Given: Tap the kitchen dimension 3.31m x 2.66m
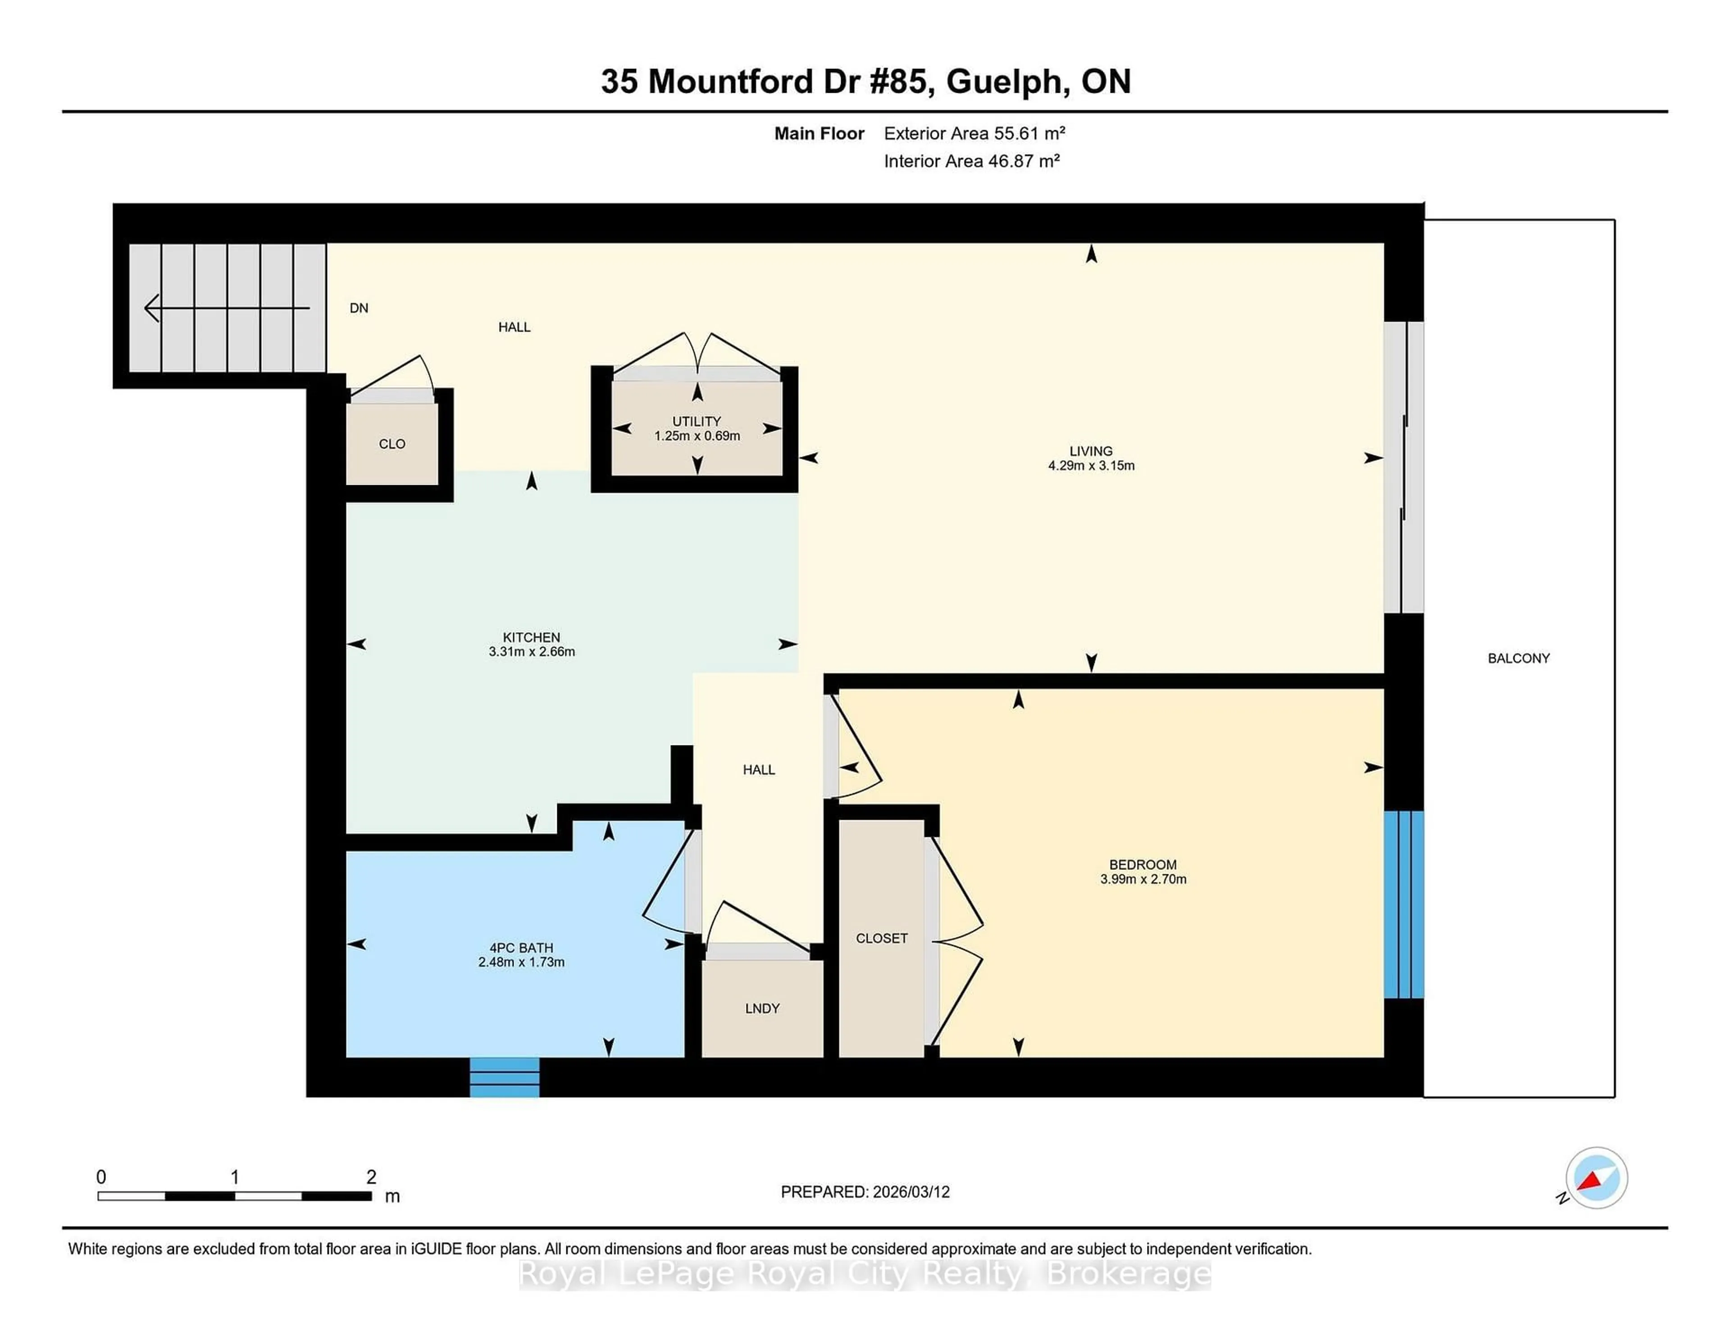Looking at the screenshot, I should point(532,652).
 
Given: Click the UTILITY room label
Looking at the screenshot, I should point(696,421).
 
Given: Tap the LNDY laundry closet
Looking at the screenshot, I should point(762,1008).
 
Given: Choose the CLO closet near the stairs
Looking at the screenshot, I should point(392,444).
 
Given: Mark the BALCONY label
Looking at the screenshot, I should point(1518,658).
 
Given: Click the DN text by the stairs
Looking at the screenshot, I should point(359,308).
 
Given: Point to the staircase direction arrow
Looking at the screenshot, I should point(226,308).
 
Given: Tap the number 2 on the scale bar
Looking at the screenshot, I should point(371,1177).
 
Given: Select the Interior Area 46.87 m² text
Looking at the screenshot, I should point(971,161).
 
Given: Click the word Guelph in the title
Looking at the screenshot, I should point(1004,82).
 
